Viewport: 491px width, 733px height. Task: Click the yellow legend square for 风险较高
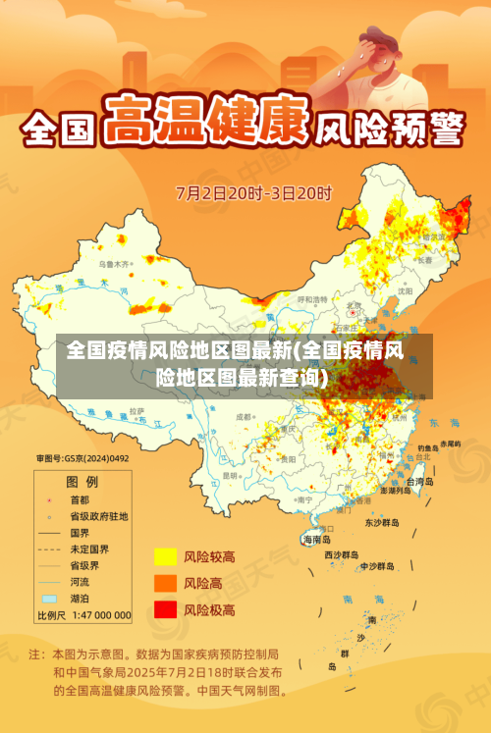pos(164,557)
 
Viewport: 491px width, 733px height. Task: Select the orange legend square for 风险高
pos(164,583)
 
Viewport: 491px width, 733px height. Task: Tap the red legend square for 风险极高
pos(164,609)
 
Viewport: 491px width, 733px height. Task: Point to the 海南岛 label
pos(316,539)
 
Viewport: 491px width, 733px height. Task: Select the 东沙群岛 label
pos(383,522)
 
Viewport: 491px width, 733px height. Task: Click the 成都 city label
pos(245,418)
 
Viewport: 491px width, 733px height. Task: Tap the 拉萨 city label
pos(137,410)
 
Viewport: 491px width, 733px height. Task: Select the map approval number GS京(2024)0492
pos(82,458)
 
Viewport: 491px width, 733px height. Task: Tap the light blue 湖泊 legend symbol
pos(49,598)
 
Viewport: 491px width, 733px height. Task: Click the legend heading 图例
pos(82,482)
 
